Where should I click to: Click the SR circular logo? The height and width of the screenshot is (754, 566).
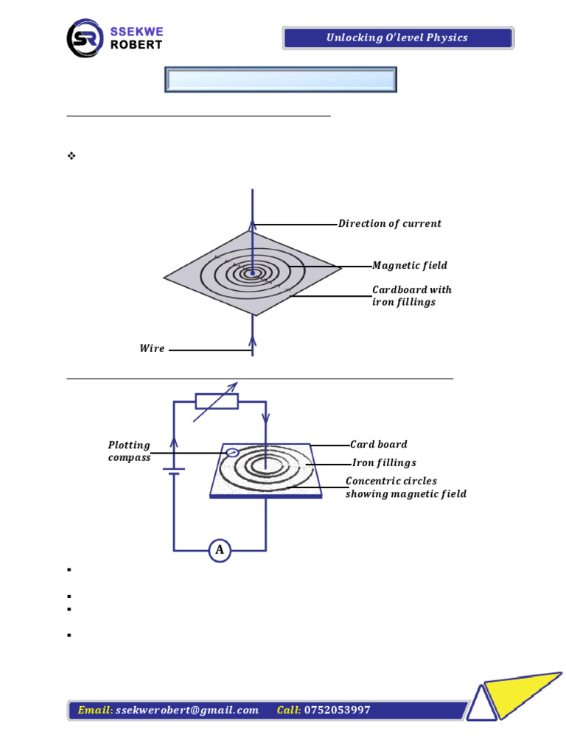tap(86, 38)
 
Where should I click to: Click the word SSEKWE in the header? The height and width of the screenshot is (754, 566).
tap(136, 32)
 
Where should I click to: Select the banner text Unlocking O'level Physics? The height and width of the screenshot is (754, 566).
tap(397, 38)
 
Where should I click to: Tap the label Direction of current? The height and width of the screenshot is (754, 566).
tap(389, 224)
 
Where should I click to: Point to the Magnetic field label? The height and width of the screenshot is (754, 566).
tap(409, 266)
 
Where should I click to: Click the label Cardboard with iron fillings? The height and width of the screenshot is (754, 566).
tap(411, 296)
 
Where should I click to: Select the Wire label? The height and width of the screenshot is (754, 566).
tap(152, 349)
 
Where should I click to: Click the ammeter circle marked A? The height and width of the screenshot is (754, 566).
tap(219, 550)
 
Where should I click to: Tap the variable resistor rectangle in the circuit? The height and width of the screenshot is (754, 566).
tap(217, 401)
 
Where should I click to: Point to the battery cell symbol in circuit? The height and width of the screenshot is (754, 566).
tap(174, 471)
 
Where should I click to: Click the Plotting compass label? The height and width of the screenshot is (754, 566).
tap(129, 451)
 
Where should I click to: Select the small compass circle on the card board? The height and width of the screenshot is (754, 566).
tap(232, 452)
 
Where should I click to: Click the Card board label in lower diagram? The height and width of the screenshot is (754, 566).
tap(378, 445)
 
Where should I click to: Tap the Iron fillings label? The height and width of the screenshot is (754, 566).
tap(383, 463)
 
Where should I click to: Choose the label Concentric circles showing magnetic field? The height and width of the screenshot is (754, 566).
tap(405, 487)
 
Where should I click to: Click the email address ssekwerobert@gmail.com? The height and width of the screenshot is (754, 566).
tap(187, 711)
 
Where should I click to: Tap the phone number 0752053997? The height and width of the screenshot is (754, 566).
tap(337, 711)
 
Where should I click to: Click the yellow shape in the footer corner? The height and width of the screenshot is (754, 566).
tap(525, 692)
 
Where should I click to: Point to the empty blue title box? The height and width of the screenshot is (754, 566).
tap(280, 80)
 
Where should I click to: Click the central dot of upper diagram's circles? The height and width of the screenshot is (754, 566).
tap(253, 273)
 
